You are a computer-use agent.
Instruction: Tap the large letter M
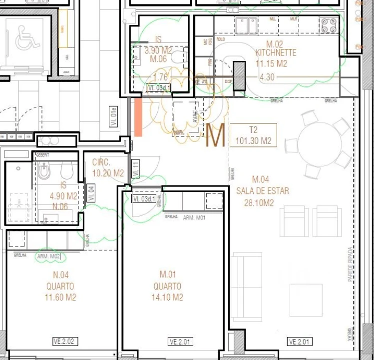click(x=216, y=136)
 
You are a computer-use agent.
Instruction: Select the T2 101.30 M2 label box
click(x=254, y=135)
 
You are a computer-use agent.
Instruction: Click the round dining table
click(x=320, y=144)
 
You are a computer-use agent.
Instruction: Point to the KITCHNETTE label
click(x=276, y=52)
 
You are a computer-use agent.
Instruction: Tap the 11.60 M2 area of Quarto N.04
click(x=60, y=297)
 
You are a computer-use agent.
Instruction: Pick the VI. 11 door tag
click(x=135, y=168)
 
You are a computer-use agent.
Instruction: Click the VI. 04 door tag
click(x=91, y=193)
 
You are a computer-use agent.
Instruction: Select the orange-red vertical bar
click(x=138, y=116)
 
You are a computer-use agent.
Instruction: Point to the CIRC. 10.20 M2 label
click(x=108, y=168)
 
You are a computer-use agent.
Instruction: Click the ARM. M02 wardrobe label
click(x=49, y=256)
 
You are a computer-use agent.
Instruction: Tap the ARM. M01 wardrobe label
click(x=195, y=218)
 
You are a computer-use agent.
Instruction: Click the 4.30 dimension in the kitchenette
click(x=267, y=77)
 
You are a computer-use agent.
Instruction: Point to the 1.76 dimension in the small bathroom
click(x=160, y=77)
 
